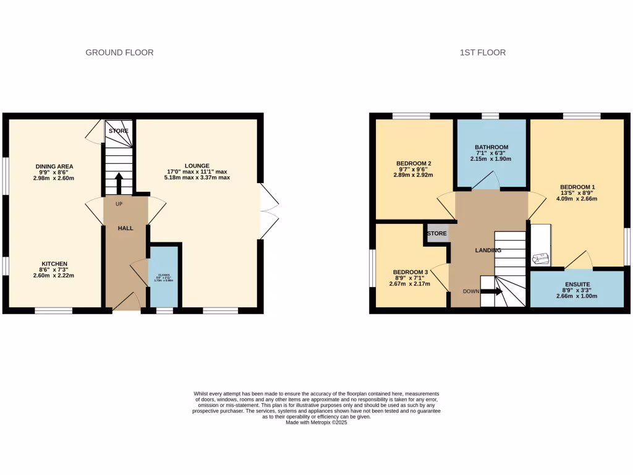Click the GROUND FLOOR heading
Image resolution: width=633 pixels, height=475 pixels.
click(x=119, y=53)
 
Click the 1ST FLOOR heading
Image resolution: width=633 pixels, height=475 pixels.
click(x=482, y=53)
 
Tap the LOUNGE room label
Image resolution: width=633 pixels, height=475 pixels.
click(x=197, y=165)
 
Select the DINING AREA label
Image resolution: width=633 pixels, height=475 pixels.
click(x=54, y=166)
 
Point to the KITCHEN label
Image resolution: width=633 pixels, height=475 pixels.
click(x=54, y=263)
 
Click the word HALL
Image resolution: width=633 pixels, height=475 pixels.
click(x=126, y=228)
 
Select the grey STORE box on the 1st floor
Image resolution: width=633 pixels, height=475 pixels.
click(x=436, y=234)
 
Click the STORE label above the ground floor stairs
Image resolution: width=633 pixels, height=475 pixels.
click(x=119, y=131)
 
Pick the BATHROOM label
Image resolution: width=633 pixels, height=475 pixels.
click(x=491, y=147)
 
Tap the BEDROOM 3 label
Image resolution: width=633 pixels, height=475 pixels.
click(x=410, y=272)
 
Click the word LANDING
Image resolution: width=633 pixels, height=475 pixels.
click(x=488, y=250)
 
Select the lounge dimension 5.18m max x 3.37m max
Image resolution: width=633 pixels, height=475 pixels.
click(x=197, y=178)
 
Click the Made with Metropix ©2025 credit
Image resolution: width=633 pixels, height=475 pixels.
click(x=316, y=422)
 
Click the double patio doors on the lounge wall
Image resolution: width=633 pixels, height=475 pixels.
click(x=266, y=211)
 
